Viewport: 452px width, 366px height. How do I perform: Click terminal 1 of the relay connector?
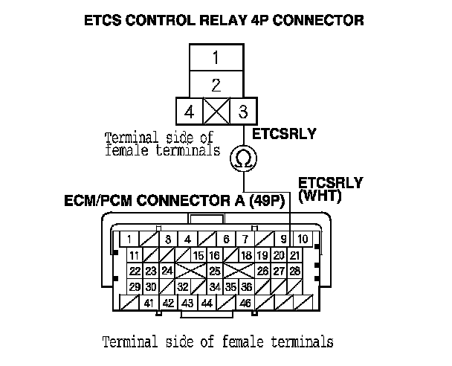click(x=215, y=57)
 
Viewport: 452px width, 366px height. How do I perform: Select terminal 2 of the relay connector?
click(x=215, y=84)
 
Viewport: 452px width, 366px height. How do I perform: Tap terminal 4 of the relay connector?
click(x=189, y=112)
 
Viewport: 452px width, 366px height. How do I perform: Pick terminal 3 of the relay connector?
click(x=241, y=112)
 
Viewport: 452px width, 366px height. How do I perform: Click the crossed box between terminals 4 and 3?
click(x=215, y=112)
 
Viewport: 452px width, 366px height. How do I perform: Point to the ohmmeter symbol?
click(x=242, y=158)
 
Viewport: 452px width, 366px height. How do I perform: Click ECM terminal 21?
click(x=295, y=256)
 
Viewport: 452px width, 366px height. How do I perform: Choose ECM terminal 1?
click(x=129, y=240)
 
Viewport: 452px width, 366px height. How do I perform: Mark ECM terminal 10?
click(x=303, y=240)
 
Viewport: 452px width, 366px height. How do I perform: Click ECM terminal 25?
click(x=216, y=271)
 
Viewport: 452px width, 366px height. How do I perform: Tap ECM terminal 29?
click(x=135, y=286)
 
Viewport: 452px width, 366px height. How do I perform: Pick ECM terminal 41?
click(x=149, y=303)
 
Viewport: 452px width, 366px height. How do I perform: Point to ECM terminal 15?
click(x=198, y=256)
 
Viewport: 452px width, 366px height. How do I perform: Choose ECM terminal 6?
click(x=226, y=240)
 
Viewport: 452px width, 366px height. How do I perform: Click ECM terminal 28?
click(x=295, y=271)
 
